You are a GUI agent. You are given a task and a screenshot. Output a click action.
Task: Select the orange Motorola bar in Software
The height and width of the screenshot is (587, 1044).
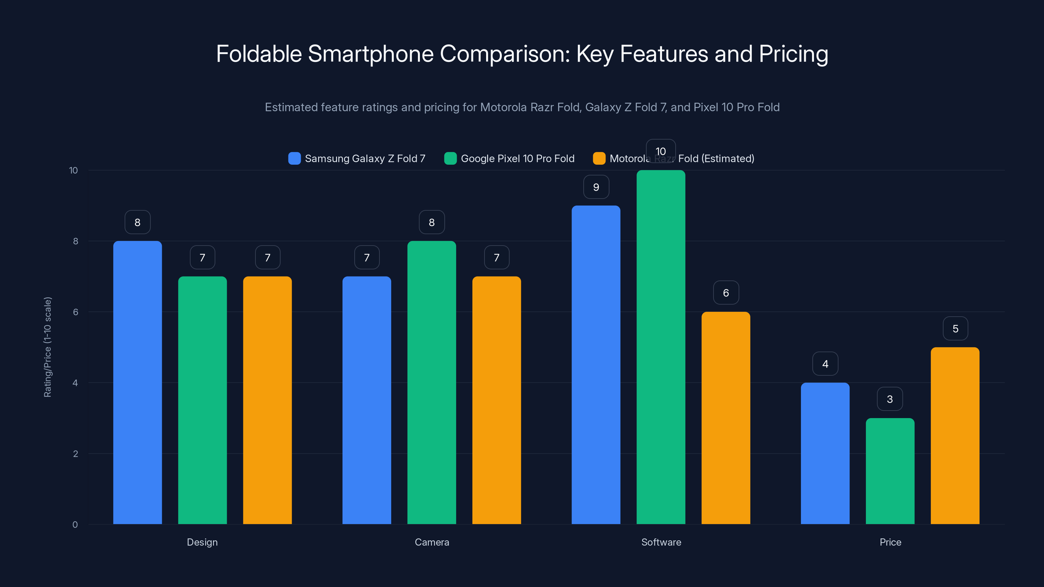click(726, 418)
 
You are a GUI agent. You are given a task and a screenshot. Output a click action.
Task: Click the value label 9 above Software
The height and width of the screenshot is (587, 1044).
click(596, 187)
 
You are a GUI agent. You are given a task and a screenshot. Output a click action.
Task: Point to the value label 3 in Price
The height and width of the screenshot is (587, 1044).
click(890, 399)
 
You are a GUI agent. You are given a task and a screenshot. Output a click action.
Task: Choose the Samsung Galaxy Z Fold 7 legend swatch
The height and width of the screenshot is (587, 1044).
click(294, 158)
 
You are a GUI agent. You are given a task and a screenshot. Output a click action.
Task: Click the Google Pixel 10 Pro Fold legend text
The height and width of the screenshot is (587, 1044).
click(517, 158)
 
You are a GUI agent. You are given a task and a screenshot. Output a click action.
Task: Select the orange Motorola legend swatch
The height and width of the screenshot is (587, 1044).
click(599, 158)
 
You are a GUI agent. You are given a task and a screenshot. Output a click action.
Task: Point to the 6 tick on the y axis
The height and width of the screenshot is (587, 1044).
click(75, 312)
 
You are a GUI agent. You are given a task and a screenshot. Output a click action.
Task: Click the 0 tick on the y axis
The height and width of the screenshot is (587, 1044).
click(75, 525)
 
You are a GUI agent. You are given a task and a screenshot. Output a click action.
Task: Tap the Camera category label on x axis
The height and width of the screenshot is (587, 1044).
click(432, 542)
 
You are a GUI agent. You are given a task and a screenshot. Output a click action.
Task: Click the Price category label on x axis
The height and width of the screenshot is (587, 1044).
click(890, 542)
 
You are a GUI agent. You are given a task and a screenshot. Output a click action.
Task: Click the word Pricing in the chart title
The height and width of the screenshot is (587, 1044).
click(793, 54)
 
